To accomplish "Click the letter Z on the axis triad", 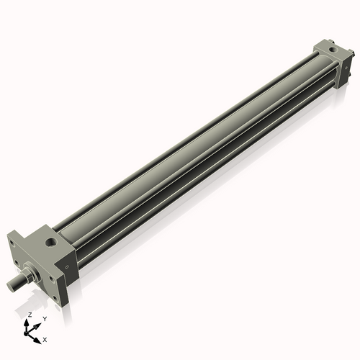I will (x=29, y=315).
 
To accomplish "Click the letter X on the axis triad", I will (x=45, y=338).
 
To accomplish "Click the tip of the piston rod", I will (x=12, y=285).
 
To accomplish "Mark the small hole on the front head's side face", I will (x=66, y=268).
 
